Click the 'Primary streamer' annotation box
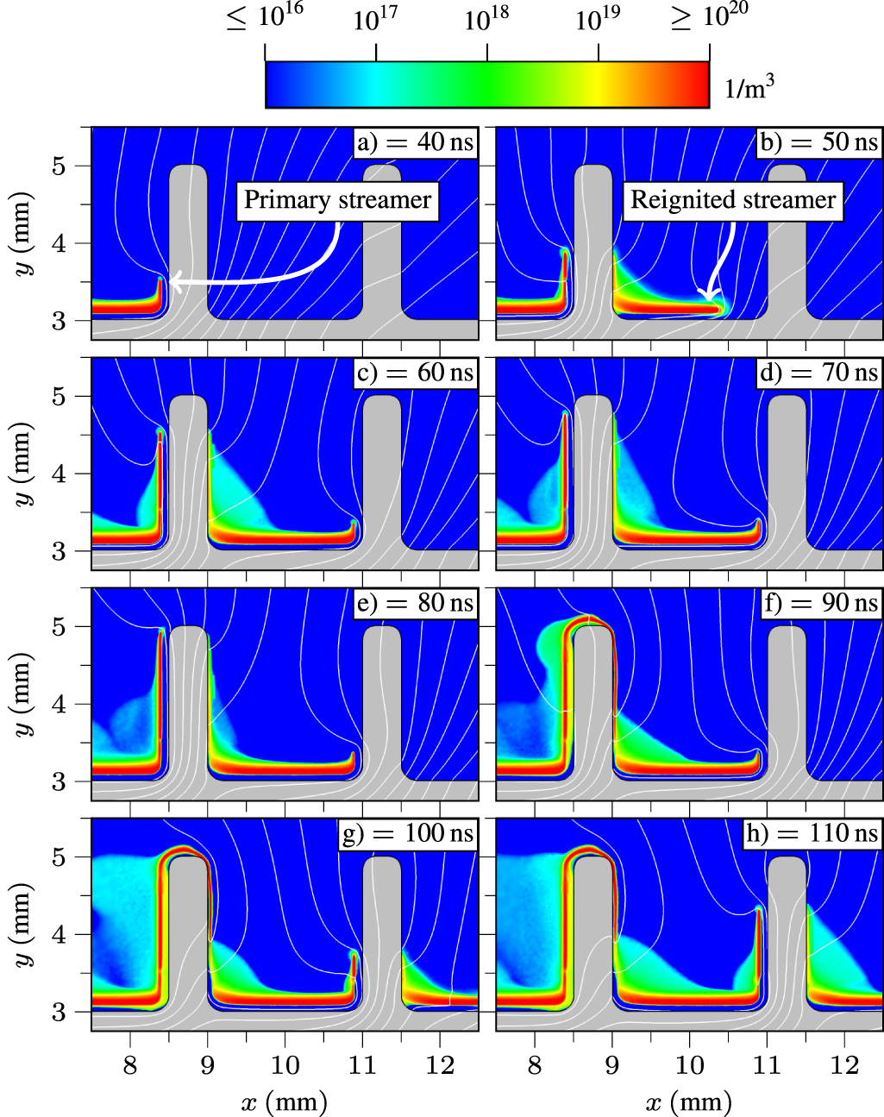pos(337,200)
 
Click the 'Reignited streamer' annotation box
pos(732,200)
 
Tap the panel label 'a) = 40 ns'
pos(416,141)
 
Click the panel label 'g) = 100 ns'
pos(408,833)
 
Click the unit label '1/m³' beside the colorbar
pos(749,87)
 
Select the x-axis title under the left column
pos(285,1101)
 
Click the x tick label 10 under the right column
pos(689,1066)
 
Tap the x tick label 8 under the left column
pos(129,1066)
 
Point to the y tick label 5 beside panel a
pos(59,166)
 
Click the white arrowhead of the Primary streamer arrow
pos(174,281)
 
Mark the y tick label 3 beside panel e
pos(59,782)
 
